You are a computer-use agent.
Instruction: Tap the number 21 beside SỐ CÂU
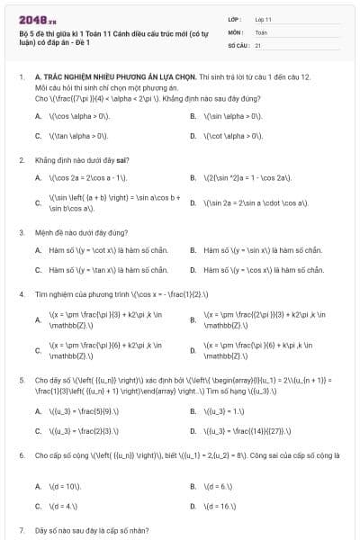(x=258, y=43)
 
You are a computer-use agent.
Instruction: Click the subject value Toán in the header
(x=261, y=31)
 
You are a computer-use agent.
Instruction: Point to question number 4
(x=21, y=294)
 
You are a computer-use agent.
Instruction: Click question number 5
(x=21, y=381)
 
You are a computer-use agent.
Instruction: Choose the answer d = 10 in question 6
(x=68, y=486)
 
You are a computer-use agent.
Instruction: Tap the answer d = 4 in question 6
(x=67, y=506)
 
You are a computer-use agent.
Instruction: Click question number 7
(x=21, y=531)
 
